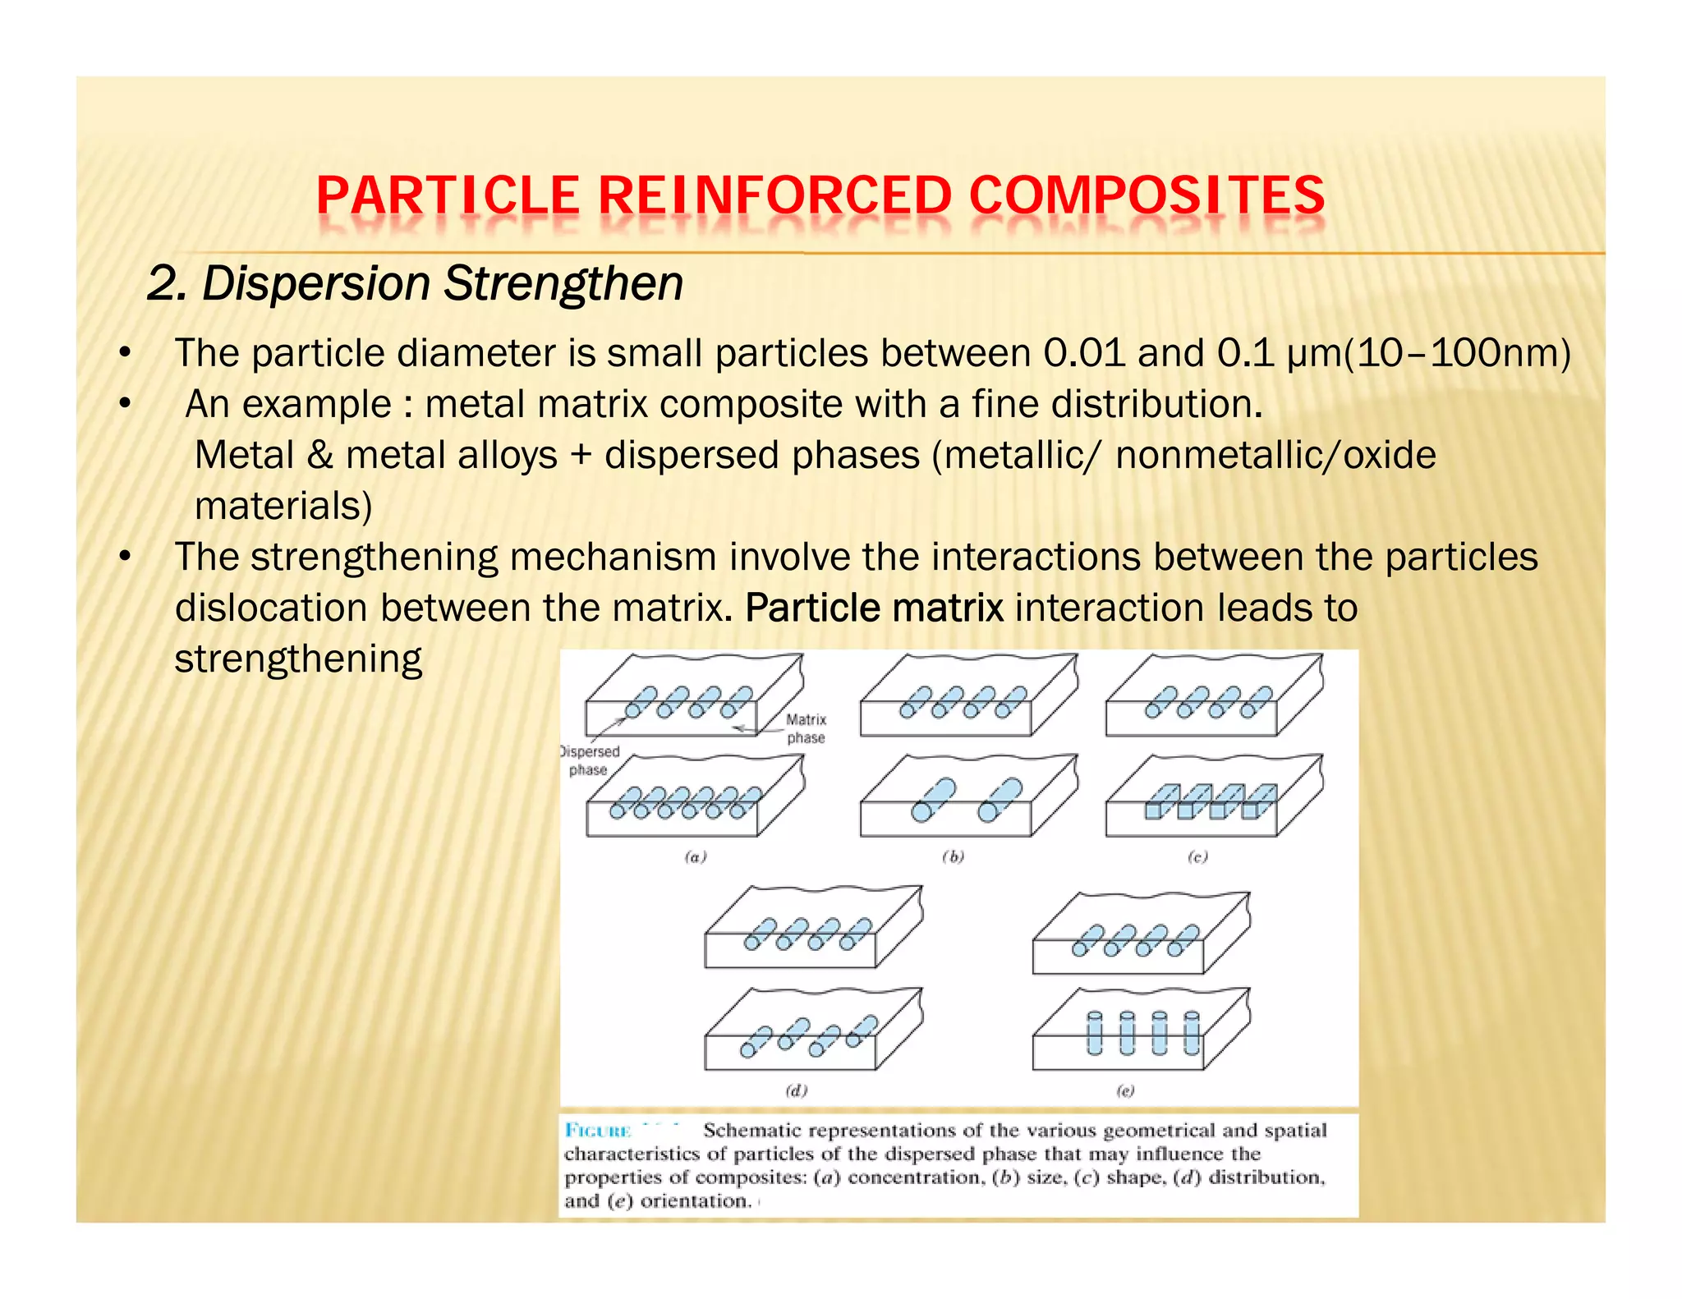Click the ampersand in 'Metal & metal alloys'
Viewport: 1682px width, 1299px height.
(x=319, y=455)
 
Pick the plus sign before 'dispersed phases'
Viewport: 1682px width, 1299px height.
(x=581, y=456)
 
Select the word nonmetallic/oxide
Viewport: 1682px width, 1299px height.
(x=1275, y=455)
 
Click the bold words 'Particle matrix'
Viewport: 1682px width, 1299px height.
(x=874, y=608)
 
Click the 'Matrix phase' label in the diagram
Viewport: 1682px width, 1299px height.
(x=806, y=728)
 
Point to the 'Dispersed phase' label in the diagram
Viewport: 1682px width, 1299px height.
(x=589, y=760)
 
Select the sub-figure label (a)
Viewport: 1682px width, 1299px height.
(x=696, y=857)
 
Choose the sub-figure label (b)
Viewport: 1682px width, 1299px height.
(x=953, y=857)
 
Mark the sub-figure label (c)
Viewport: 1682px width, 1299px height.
(x=1197, y=857)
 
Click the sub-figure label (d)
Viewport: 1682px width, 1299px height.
(x=797, y=1090)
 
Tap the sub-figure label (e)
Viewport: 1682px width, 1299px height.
(x=1125, y=1090)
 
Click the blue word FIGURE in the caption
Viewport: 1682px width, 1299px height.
(x=597, y=1131)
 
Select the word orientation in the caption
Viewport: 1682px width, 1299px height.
(x=694, y=1201)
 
